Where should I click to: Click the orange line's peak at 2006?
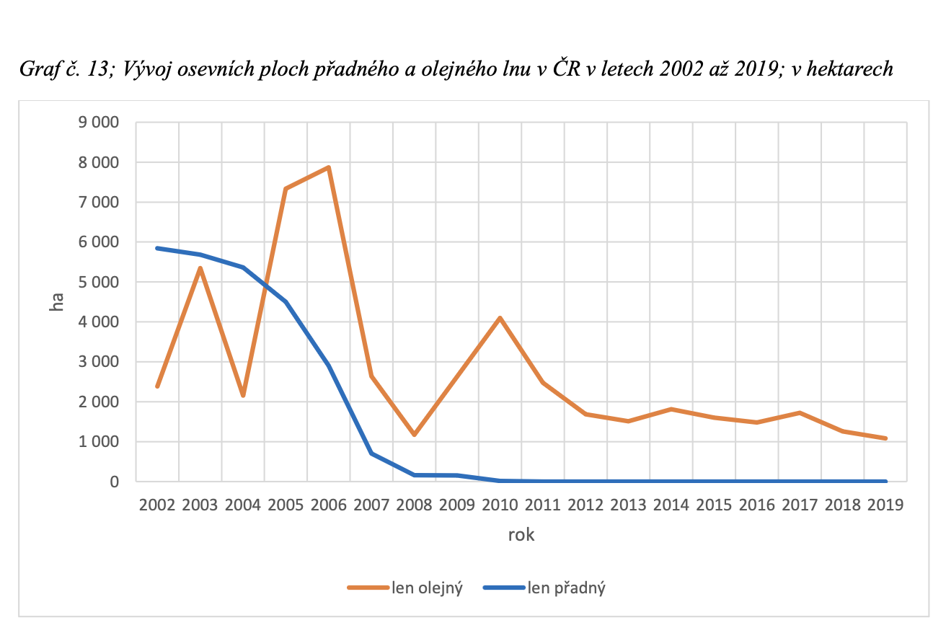click(329, 167)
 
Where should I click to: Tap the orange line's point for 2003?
click(200, 268)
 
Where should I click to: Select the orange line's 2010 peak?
click(500, 318)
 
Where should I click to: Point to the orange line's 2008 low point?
click(414, 435)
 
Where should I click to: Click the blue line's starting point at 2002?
click(157, 248)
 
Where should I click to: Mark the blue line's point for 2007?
click(371, 453)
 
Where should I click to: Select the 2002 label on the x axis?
click(157, 505)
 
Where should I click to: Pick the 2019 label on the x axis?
click(885, 505)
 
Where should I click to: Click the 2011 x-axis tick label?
click(543, 505)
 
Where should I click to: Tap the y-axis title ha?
click(56, 302)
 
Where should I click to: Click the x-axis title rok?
click(521, 536)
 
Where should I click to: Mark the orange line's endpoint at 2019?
click(885, 438)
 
